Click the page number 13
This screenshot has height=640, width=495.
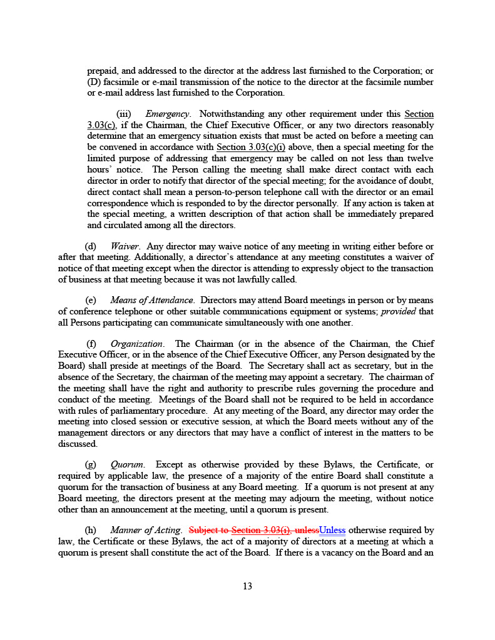point(247,586)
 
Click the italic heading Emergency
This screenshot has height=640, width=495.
point(167,114)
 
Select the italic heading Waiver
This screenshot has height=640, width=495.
point(125,247)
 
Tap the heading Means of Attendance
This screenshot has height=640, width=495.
point(152,301)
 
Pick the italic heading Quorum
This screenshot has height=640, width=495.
point(128,465)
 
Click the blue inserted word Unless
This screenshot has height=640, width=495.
point(332,531)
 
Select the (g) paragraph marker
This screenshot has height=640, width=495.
point(91,465)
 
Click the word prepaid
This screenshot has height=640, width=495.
point(103,71)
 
